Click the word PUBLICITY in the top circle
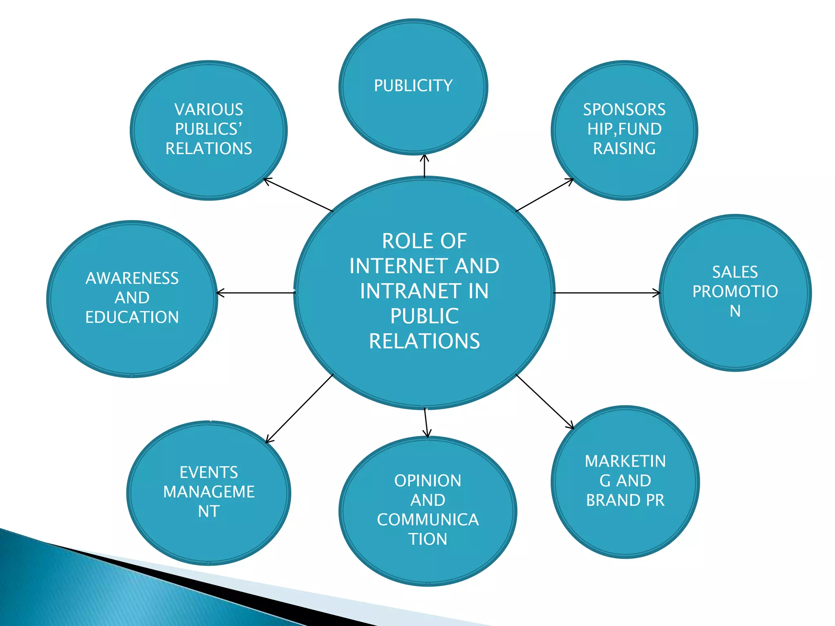(413, 86)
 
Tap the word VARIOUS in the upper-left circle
(209, 110)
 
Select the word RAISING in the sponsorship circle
(624, 148)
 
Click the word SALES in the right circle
(735, 272)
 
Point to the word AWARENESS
(132, 278)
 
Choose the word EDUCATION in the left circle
(132, 317)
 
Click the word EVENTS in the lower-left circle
(209, 472)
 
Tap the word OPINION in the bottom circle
(428, 481)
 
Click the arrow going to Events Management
(300, 408)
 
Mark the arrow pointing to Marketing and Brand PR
(545, 401)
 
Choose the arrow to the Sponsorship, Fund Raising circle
(545, 195)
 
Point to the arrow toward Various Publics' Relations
(298, 195)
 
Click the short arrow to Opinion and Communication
(426, 423)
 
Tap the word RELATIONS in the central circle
(424, 341)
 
